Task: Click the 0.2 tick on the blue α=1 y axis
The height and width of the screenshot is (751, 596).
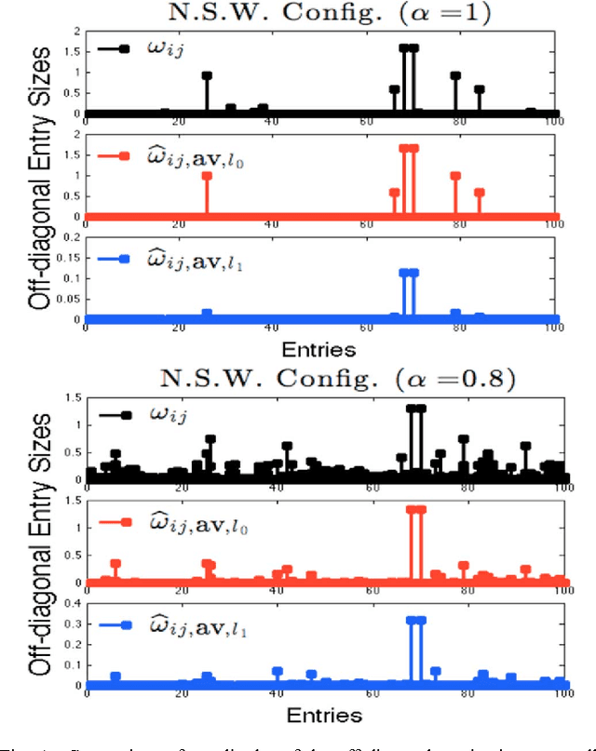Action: click(x=74, y=237)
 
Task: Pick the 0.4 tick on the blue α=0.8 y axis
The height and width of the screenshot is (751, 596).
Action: click(x=74, y=604)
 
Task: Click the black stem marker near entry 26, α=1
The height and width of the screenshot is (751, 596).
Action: click(x=207, y=75)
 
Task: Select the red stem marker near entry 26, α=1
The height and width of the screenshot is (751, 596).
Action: click(x=207, y=176)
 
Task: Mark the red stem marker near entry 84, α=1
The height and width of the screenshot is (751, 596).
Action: click(x=479, y=193)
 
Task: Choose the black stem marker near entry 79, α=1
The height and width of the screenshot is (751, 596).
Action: click(x=455, y=75)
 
